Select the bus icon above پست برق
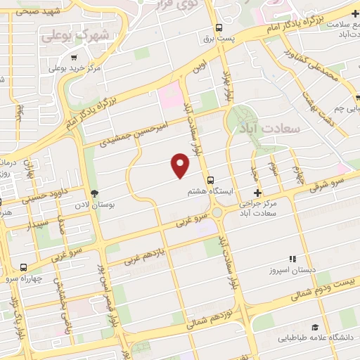[219, 28]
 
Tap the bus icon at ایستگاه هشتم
[212, 179]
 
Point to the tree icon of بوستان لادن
[95, 193]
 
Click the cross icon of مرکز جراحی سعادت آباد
[257, 192]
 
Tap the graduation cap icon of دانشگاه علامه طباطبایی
[315, 327]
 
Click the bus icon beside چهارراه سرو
[23, 267]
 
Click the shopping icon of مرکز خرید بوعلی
[53, 68]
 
